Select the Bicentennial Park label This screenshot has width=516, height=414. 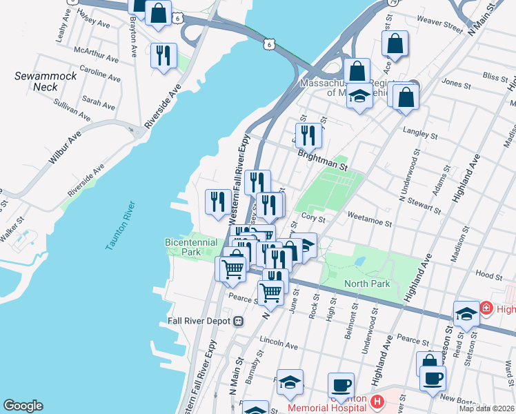(x=191, y=247)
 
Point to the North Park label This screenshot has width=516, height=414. (x=368, y=284)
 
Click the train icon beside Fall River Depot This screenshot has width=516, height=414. (x=238, y=322)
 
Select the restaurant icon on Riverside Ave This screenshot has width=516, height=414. (x=163, y=55)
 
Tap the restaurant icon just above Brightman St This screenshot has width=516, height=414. (x=308, y=135)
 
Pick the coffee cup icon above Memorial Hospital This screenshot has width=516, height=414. (x=340, y=384)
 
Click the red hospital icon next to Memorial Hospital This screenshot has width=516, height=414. (x=377, y=401)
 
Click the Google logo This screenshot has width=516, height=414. (x=23, y=405)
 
